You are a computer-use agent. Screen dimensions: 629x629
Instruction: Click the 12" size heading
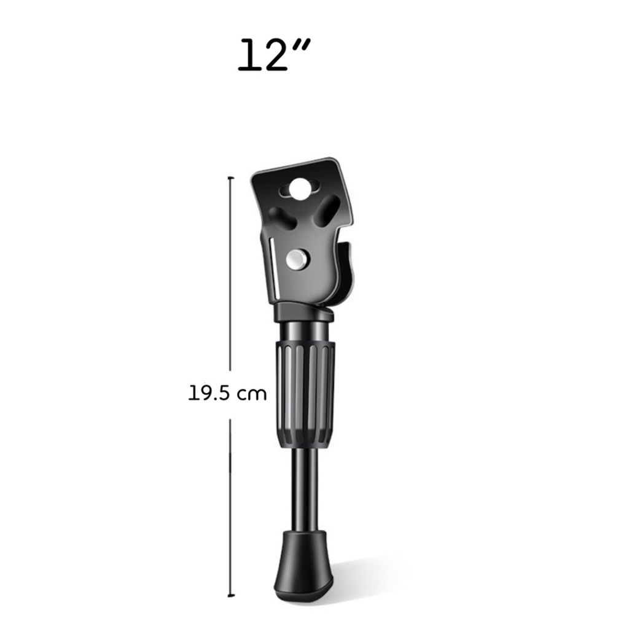pyautogui.click(x=274, y=55)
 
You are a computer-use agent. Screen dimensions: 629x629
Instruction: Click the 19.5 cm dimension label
pyautogui.click(x=227, y=394)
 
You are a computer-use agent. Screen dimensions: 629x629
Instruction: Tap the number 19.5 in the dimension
pyautogui.click(x=209, y=394)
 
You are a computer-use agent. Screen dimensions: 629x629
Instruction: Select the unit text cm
pyautogui.click(x=251, y=395)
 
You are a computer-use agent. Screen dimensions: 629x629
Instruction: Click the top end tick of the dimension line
pyautogui.click(x=230, y=177)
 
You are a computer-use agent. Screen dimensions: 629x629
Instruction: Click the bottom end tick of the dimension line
pyautogui.click(x=230, y=596)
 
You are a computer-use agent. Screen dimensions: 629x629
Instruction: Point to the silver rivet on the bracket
pyautogui.click(x=298, y=260)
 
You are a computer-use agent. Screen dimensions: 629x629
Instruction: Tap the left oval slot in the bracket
pyautogui.click(x=282, y=217)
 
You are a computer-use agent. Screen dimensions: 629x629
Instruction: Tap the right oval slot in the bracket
pyautogui.click(x=327, y=210)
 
